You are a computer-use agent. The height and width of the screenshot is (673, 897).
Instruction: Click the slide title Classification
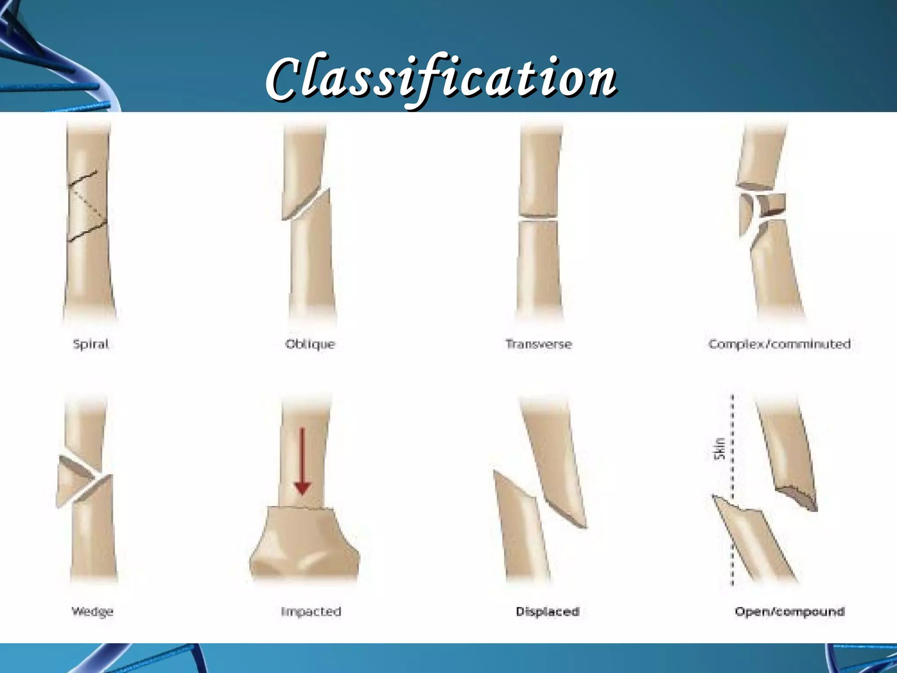coord(441,79)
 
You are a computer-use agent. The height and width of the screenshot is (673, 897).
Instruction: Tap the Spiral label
coord(91,344)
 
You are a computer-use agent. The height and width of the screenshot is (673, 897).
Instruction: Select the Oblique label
coord(310,344)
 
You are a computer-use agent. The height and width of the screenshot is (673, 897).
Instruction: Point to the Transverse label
coord(539,344)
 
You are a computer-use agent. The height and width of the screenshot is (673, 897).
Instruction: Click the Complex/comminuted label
coord(779,344)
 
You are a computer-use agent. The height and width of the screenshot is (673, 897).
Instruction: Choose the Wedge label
coord(92,611)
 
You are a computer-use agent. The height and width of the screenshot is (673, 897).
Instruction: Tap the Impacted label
coord(311,611)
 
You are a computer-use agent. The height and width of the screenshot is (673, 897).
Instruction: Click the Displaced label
coord(547,611)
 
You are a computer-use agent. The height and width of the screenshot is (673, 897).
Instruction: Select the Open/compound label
coord(789,611)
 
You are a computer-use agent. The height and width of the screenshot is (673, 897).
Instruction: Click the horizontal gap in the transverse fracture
coord(538,218)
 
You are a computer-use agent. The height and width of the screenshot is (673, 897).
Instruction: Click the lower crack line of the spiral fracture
coord(88,231)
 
